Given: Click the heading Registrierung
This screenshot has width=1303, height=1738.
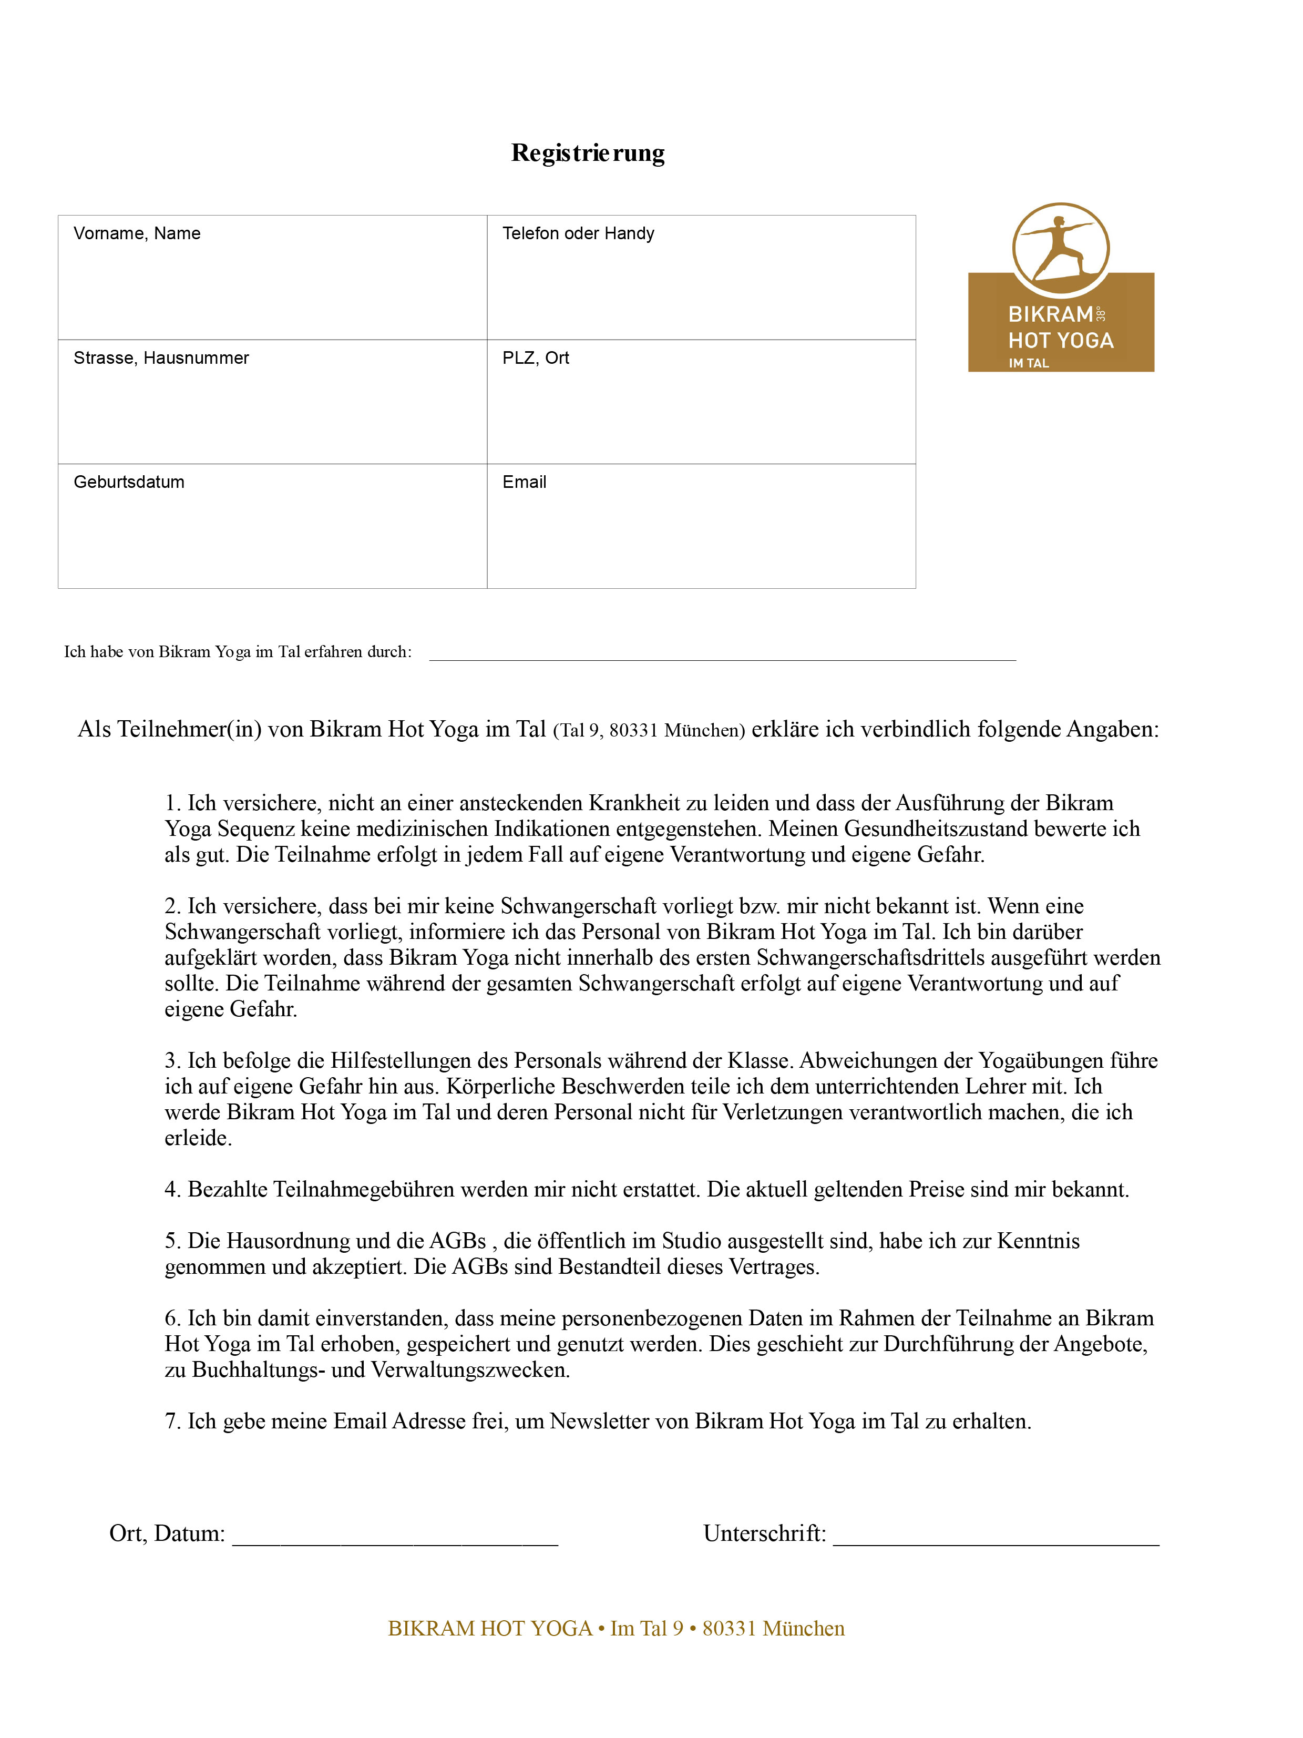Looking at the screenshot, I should [588, 152].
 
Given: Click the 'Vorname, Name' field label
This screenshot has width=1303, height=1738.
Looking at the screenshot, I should [137, 233].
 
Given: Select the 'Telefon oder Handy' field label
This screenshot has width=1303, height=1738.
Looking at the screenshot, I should [578, 233].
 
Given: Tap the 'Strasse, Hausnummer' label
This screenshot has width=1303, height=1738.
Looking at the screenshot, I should [161, 359].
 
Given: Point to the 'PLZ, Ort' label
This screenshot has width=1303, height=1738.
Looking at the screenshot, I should [536, 359].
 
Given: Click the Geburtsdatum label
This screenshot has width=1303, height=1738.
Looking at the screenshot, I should [129, 483].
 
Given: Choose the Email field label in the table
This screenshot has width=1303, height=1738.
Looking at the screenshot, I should [524, 483].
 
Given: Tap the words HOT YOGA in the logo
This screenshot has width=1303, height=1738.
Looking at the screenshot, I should [1060, 341].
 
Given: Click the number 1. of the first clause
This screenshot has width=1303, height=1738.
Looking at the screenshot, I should [173, 804].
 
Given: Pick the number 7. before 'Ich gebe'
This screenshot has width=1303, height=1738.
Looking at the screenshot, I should [173, 1422].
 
